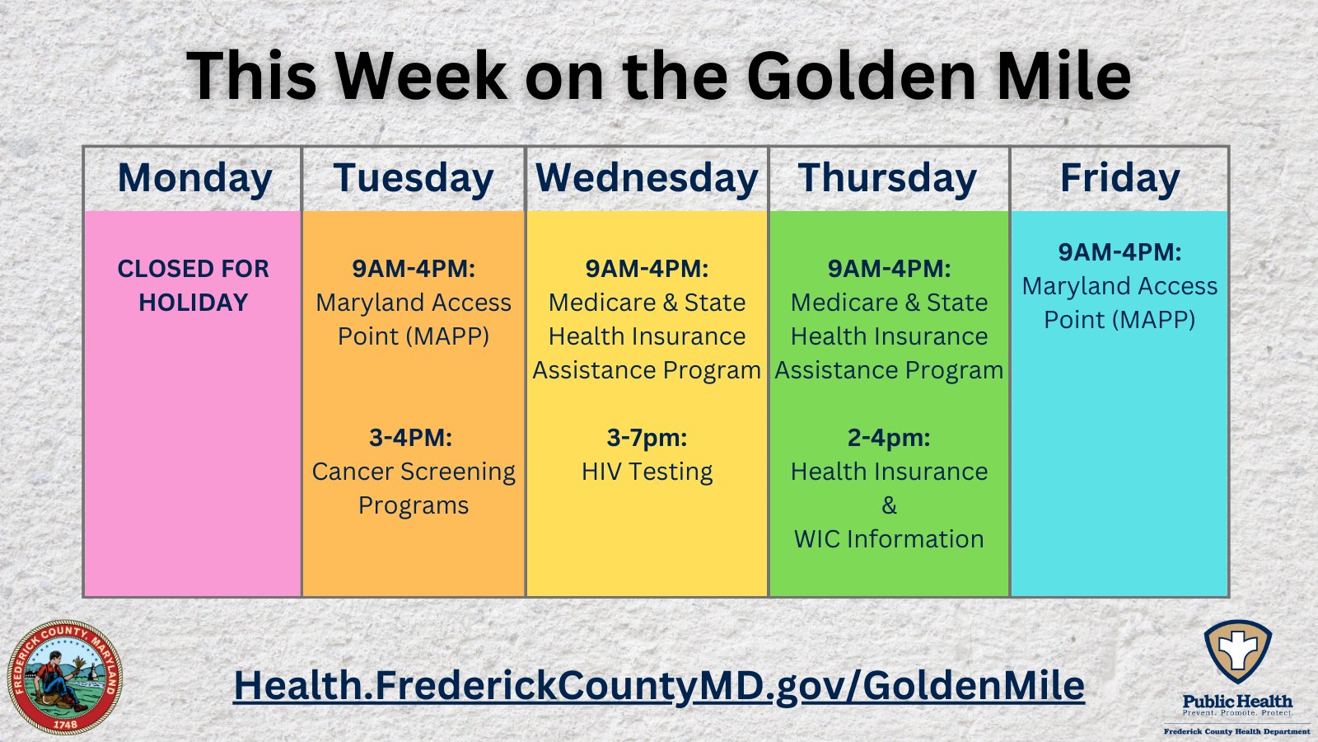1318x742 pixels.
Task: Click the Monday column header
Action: [x=194, y=179]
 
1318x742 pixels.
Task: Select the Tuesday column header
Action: [x=414, y=179]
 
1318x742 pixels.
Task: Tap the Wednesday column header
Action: [x=647, y=179]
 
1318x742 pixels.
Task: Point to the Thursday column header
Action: [x=887, y=179]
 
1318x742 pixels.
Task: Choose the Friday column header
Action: [x=1119, y=179]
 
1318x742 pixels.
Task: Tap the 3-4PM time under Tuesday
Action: [x=410, y=437]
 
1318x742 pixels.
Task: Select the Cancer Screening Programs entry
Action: [x=414, y=488]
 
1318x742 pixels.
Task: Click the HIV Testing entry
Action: [x=647, y=472]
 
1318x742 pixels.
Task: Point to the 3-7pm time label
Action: [x=647, y=437]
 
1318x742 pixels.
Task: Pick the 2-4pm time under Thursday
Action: [x=889, y=437]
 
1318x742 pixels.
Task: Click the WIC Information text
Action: [x=889, y=539]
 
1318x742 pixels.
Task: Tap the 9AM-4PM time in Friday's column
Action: [x=1119, y=251]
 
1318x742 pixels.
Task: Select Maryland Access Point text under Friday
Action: [x=1119, y=303]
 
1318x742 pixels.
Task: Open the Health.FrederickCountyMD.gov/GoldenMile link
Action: [x=659, y=685]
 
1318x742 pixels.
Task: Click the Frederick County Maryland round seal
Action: [x=64, y=678]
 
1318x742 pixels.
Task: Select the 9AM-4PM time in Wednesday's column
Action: [x=647, y=269]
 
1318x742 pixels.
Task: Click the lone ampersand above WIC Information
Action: [x=889, y=505]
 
